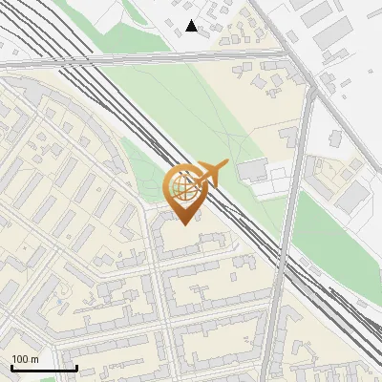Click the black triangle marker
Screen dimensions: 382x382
tap(192, 26)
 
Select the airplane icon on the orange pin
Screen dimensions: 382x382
tap(207, 174)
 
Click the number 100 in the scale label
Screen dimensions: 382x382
tap(20, 358)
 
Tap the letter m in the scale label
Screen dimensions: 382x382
tap(35, 358)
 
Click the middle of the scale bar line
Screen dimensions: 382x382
tap(44, 368)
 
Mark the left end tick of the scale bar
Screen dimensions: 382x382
tap(11, 367)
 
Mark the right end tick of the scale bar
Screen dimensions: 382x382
tap(76, 367)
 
